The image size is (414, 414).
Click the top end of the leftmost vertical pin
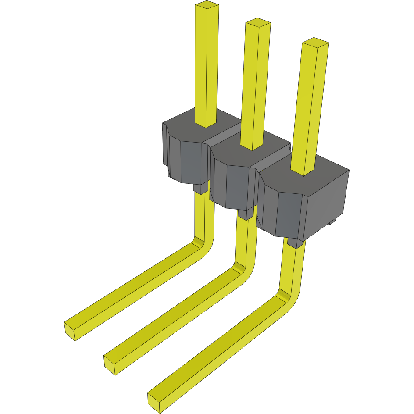(x=207, y=6)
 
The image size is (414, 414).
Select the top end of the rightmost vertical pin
(x=315, y=43)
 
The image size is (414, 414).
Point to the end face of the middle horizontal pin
(x=110, y=365)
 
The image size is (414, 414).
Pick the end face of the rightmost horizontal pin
(x=154, y=402)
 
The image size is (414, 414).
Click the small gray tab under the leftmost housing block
(x=200, y=189)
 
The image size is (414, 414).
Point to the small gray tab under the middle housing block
(x=246, y=214)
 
